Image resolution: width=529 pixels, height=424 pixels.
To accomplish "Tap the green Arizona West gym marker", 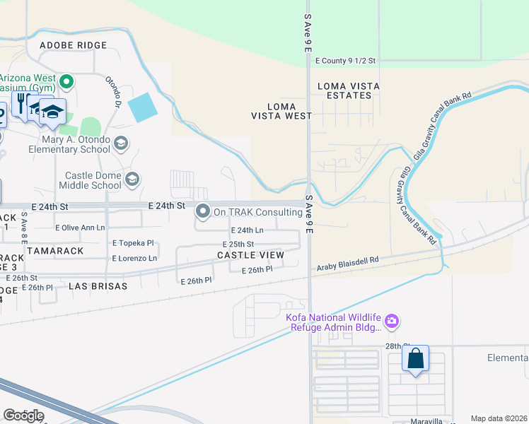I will (x=66, y=82).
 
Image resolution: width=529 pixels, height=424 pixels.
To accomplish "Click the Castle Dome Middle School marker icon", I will (x=132, y=180).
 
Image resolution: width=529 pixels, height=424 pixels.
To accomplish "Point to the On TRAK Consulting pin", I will (x=204, y=211).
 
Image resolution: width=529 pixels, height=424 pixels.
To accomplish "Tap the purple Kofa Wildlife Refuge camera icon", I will (x=391, y=322).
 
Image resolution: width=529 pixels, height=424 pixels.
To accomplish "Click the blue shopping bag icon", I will (x=416, y=358).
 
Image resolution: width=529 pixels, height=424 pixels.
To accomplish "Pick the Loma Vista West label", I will (x=281, y=110).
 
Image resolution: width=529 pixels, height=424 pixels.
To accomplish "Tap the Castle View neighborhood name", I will (x=250, y=255).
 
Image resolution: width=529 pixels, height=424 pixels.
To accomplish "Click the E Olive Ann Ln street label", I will (x=80, y=228).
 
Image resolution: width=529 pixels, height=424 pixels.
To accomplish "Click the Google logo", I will (x=23, y=415).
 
